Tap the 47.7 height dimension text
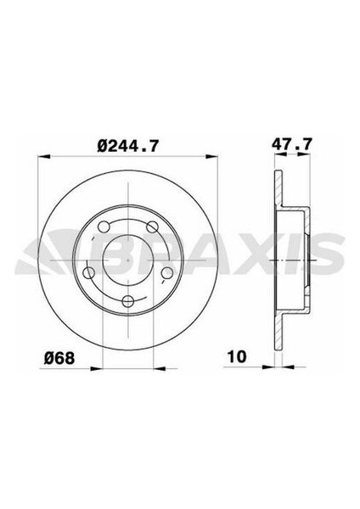tap(289, 147)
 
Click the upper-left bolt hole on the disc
tap(104, 227)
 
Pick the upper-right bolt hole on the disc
tap(152, 227)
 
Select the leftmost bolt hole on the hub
tap(89, 272)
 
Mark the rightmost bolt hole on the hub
tap(167, 272)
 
